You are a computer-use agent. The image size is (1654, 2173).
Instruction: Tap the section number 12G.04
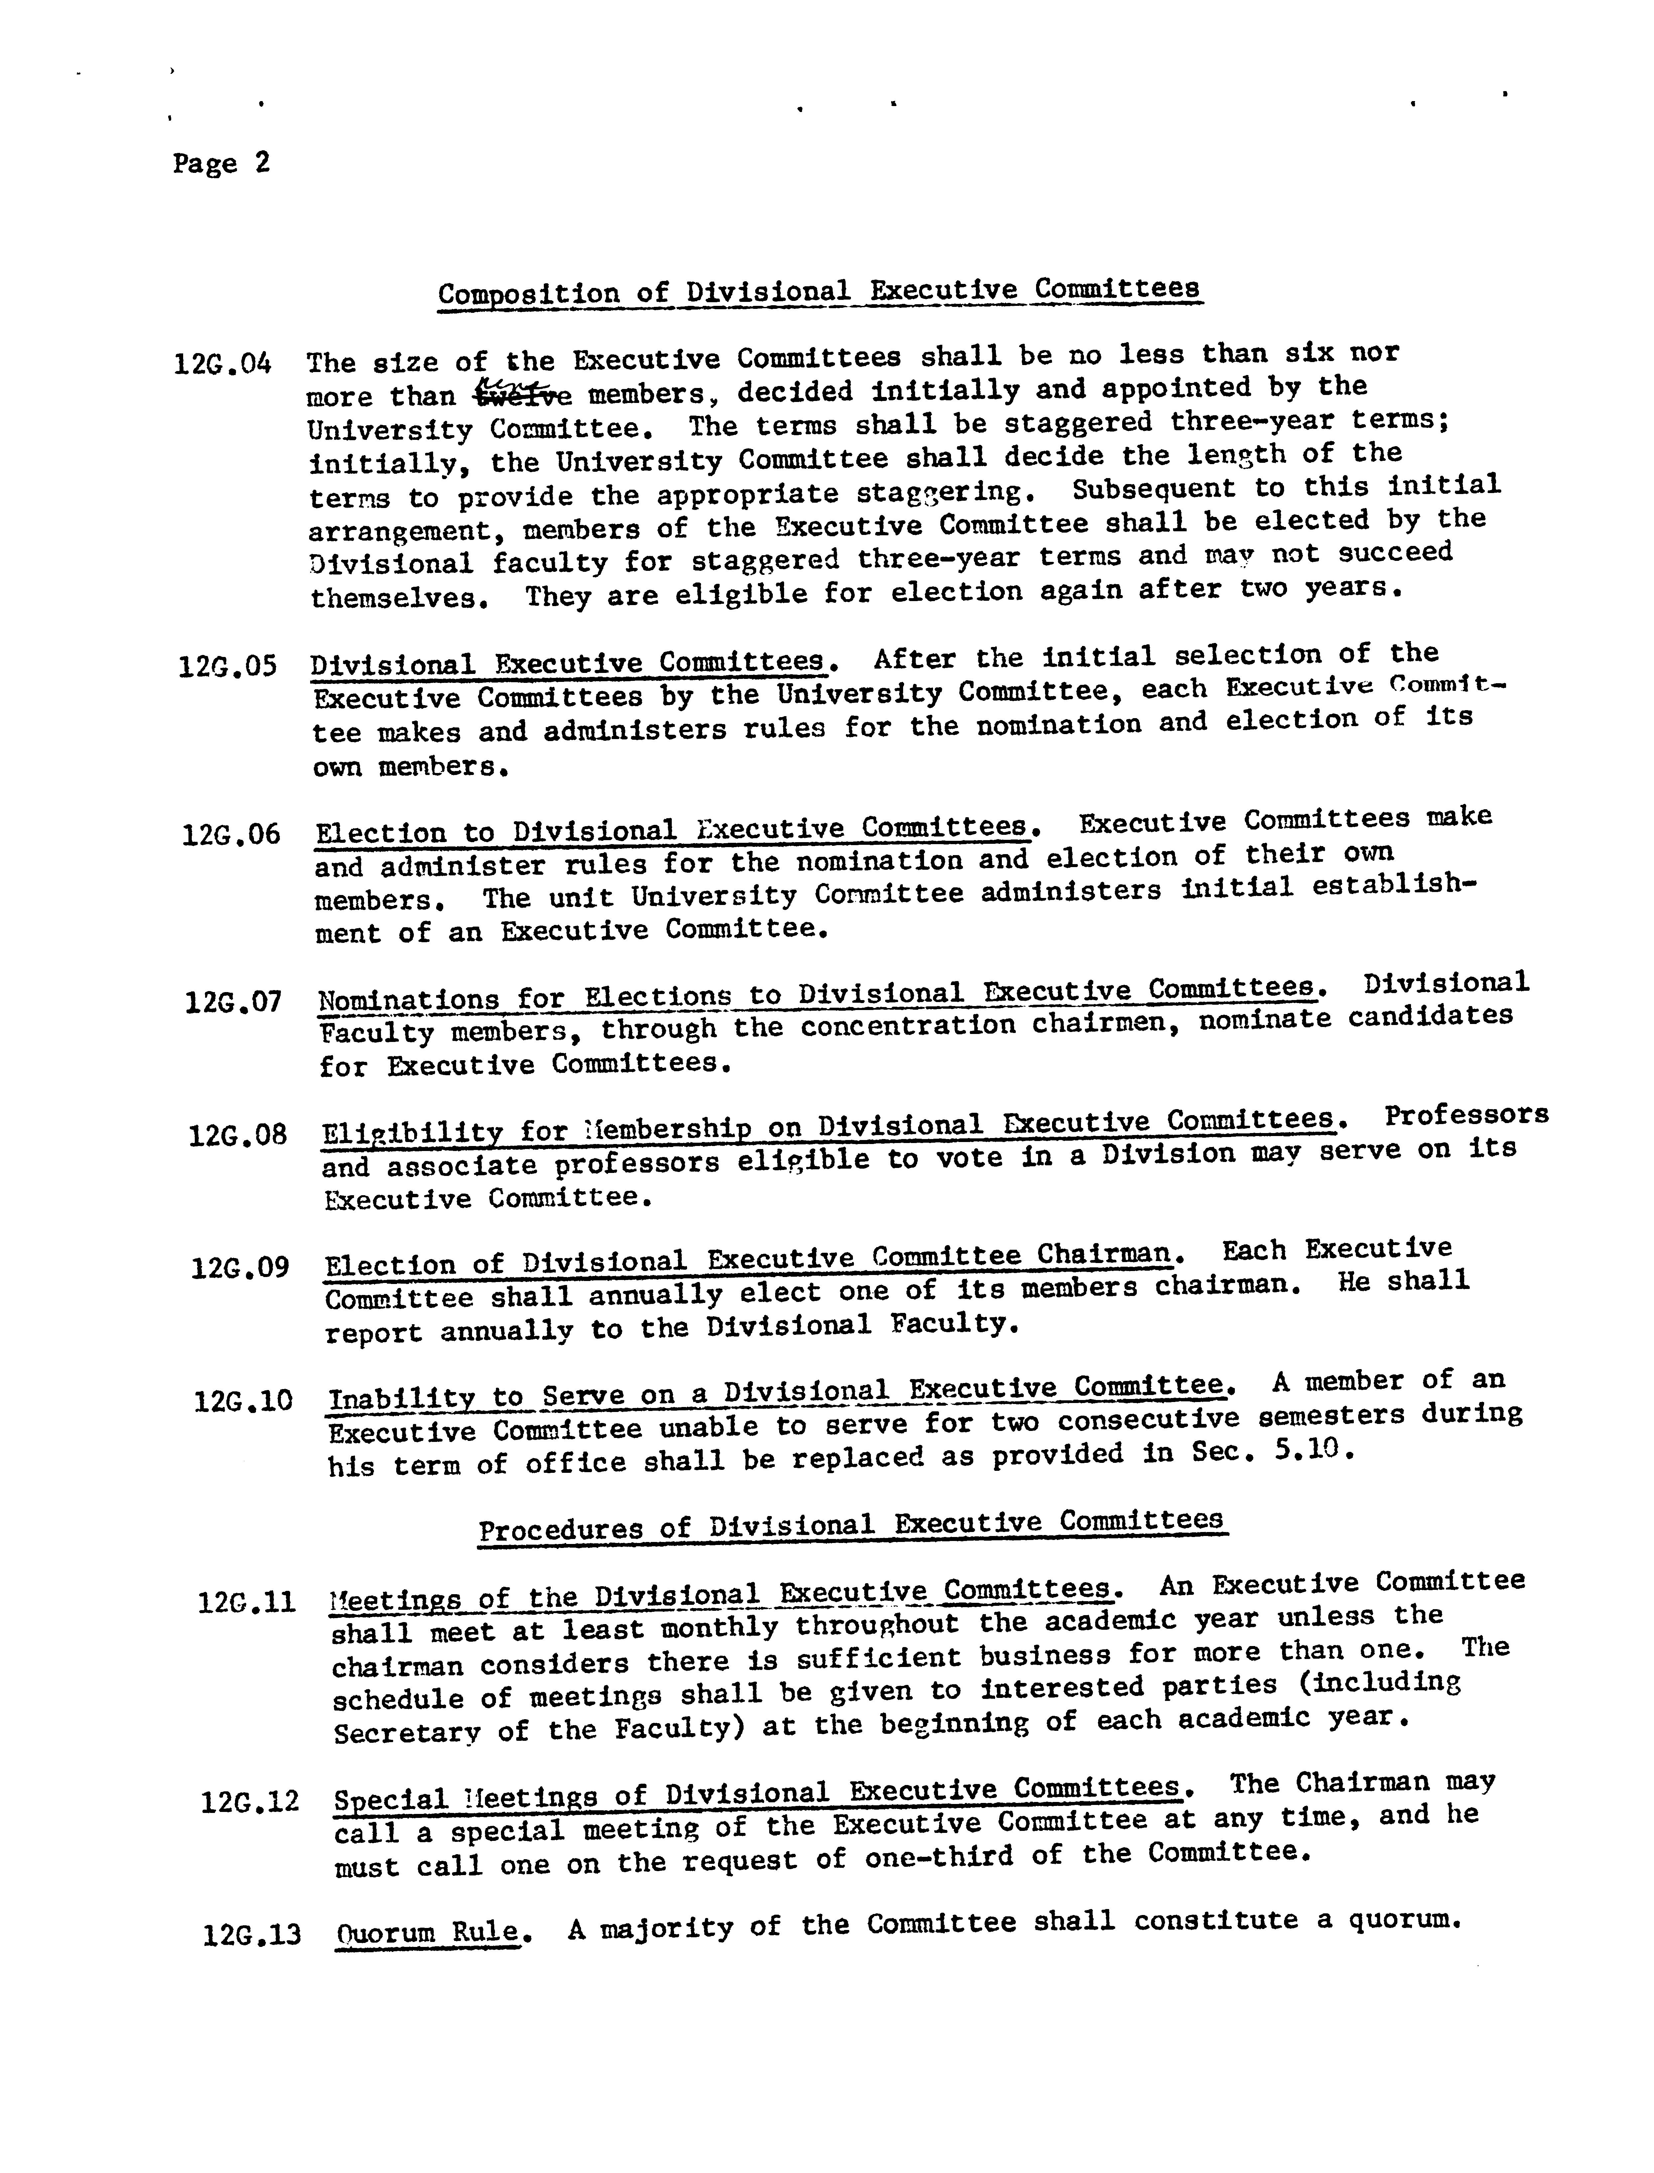coord(222,364)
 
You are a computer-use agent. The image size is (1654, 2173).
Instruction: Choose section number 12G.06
coord(231,835)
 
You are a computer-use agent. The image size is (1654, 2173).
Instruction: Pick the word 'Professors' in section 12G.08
coord(1466,1115)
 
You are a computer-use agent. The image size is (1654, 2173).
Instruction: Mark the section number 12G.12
coord(250,1803)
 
